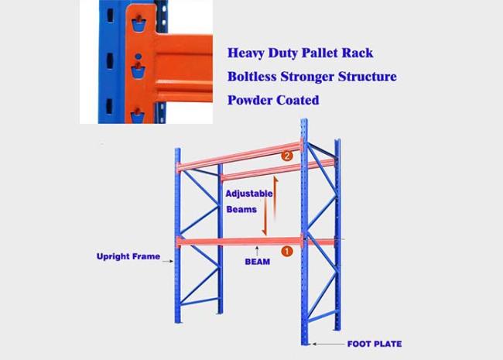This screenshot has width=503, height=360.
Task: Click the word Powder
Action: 250,100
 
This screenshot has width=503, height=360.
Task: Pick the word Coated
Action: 298,100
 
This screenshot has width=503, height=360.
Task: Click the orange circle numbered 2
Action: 287,156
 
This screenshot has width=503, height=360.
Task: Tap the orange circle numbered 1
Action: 287,251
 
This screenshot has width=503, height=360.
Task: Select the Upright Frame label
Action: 128,256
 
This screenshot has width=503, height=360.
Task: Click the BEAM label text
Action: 257,262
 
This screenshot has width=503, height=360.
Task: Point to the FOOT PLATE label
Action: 375,344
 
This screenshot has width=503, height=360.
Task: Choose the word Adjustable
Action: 249,194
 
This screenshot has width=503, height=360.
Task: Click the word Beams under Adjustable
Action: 241,210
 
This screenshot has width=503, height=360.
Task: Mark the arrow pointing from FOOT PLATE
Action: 328,344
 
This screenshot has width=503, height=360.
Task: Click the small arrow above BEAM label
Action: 257,252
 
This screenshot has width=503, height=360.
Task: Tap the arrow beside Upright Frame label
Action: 168,262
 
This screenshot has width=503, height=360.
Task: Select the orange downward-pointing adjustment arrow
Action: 265,217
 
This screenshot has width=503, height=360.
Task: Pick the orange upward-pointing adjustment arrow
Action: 275,197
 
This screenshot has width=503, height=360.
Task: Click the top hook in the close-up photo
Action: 139,23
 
